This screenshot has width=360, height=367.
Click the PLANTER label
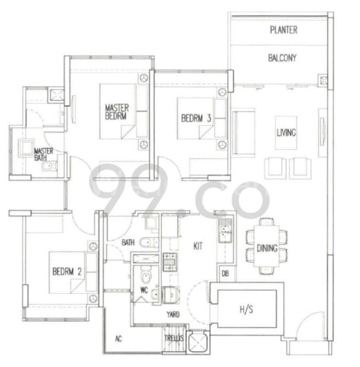point(284,30)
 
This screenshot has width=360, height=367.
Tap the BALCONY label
point(282,58)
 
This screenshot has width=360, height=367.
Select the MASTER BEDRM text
point(117,112)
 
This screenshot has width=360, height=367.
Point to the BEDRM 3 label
point(196,118)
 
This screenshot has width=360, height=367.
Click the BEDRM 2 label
point(67,272)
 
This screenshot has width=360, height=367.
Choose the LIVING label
point(286,133)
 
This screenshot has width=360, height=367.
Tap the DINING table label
point(267,248)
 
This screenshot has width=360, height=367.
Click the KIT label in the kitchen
point(198,246)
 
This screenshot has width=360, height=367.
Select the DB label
point(225,273)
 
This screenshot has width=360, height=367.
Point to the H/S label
point(246,310)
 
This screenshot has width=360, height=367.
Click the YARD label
point(173,315)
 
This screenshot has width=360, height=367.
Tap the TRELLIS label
point(174,338)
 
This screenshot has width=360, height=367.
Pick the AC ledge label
point(118,339)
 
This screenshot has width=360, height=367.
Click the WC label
point(144,291)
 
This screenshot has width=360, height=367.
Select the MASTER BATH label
point(44,154)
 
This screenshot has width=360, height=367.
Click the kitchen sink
point(225,230)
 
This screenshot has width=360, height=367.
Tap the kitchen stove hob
point(170,262)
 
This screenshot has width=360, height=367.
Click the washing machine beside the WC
point(171,295)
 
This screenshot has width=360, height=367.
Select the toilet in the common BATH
point(149,242)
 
